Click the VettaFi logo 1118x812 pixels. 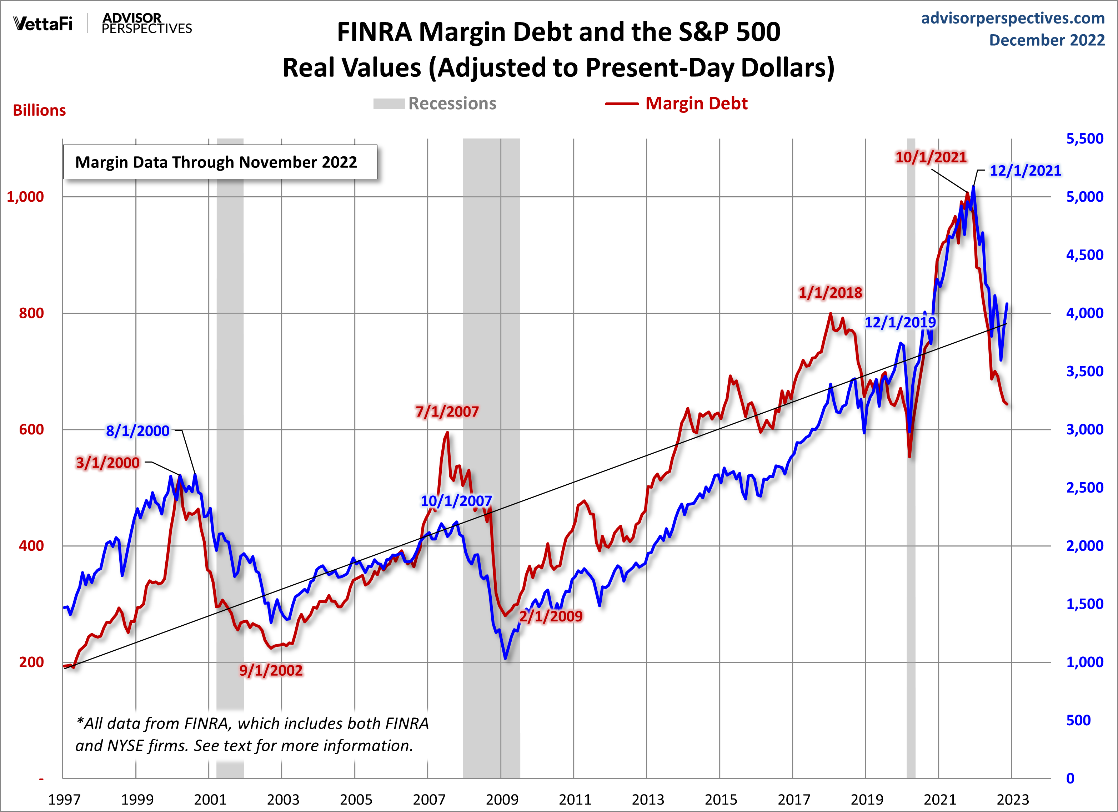(x=43, y=24)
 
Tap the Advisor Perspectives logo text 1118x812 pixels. (x=146, y=24)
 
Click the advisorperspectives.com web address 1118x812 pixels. (x=1013, y=18)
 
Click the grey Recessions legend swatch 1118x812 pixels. (x=388, y=104)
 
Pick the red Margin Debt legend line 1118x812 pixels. (x=622, y=104)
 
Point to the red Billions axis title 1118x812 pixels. (x=39, y=110)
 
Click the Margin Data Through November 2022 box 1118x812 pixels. (x=220, y=162)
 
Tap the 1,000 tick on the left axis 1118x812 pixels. (x=25, y=197)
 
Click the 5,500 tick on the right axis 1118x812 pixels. (x=1084, y=138)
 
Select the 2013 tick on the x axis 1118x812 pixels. (x=647, y=799)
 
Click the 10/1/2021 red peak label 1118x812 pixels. (x=931, y=157)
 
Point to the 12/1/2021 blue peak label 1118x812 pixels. (x=1025, y=171)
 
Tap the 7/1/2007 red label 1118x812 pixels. (x=447, y=412)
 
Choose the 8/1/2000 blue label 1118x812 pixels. (x=137, y=431)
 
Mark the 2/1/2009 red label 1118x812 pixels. (x=551, y=616)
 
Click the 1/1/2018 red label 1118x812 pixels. (x=830, y=293)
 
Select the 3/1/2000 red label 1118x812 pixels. (x=107, y=463)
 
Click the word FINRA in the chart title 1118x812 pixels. (x=374, y=32)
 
